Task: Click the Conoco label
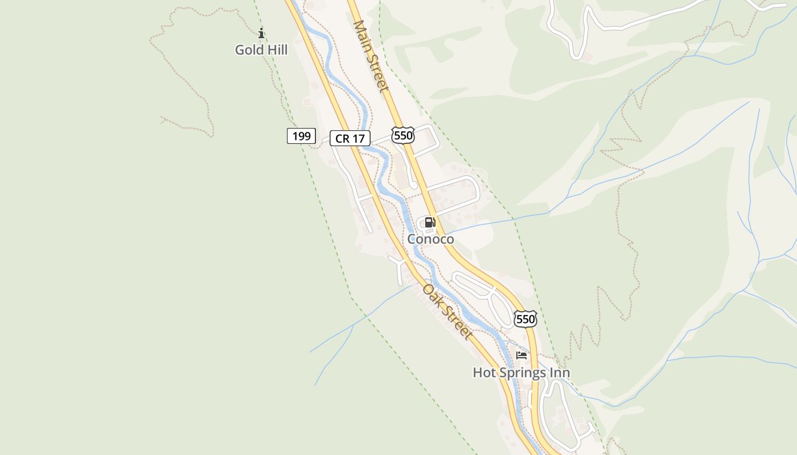[x=430, y=239]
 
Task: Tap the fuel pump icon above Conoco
[x=430, y=222]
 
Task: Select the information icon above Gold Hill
[x=261, y=34]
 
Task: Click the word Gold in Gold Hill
[x=248, y=50]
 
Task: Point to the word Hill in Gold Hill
[x=276, y=50]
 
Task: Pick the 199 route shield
[x=301, y=136]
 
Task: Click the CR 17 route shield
[x=350, y=138]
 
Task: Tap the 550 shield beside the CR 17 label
[x=402, y=135]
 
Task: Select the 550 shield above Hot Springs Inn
[x=525, y=319]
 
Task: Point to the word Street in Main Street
[x=378, y=73]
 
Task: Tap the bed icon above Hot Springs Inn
[x=521, y=356]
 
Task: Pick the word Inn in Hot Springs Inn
[x=560, y=373]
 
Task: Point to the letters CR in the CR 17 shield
[x=342, y=138]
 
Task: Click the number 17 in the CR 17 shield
[x=358, y=138]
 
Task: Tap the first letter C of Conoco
[x=412, y=239]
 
